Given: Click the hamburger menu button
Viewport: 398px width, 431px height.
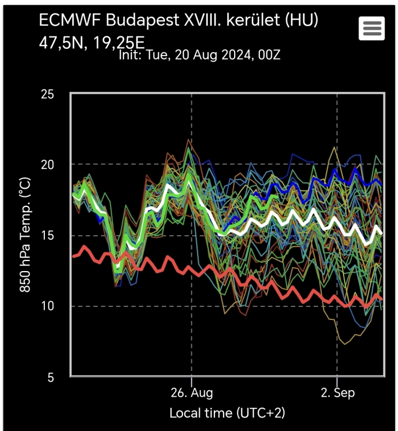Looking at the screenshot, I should tap(372, 28).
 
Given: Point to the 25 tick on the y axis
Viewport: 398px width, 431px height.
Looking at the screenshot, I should tap(48, 94).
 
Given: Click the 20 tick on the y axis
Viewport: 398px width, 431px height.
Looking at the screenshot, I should tap(48, 164).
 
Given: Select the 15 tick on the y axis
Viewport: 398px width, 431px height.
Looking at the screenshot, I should tap(48, 235).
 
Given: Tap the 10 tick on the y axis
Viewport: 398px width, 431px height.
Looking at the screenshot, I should tap(48, 306).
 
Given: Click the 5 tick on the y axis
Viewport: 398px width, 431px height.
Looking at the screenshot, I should tap(51, 377).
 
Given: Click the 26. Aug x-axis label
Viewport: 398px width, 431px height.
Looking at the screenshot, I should tap(192, 392).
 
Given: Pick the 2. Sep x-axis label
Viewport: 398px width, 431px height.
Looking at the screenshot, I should tap(337, 392).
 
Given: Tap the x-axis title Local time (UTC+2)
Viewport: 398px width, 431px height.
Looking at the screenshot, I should tap(227, 414).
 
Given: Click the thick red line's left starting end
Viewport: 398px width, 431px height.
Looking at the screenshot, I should tap(74, 256).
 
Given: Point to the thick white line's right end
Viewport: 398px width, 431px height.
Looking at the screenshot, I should tap(382, 232).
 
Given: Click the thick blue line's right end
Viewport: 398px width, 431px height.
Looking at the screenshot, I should tap(382, 184).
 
